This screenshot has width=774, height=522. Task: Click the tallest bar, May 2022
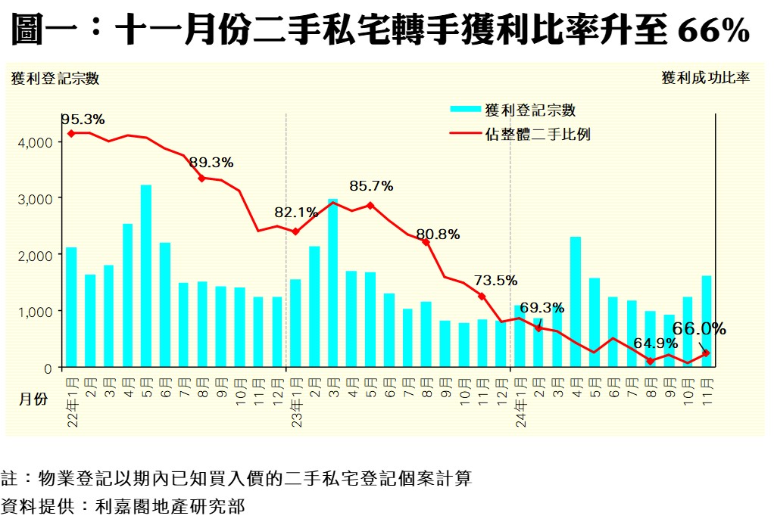[146, 276]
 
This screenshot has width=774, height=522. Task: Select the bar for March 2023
[332, 284]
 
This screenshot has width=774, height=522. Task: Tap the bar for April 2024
[576, 303]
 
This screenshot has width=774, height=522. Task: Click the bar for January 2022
[71, 307]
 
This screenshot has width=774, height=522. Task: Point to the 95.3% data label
[83, 120]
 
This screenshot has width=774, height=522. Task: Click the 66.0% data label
[699, 329]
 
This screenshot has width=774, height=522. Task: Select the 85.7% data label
[371, 185]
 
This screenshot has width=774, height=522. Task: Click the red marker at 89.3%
[201, 179]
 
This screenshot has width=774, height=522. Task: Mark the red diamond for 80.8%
[426, 242]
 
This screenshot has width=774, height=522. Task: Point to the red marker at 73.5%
[482, 296]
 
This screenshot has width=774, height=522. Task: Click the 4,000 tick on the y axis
[36, 142]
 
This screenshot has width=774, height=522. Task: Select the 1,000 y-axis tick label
[36, 312]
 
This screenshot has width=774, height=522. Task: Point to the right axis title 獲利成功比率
[705, 78]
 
